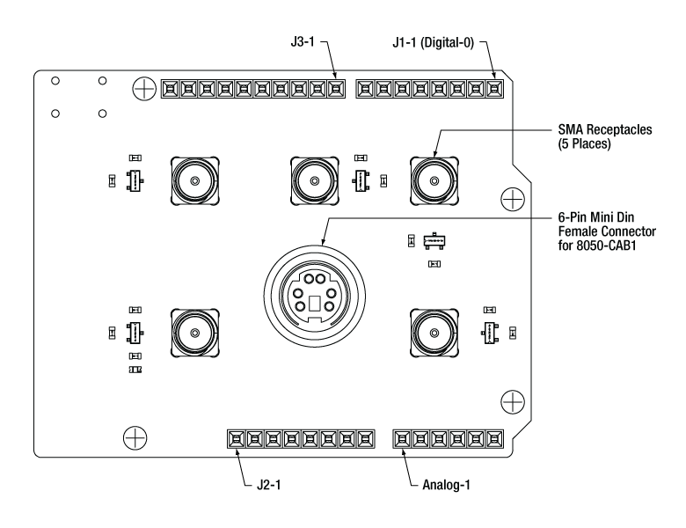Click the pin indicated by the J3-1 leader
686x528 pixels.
tap(335, 88)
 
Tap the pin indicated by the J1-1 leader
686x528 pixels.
tap(496, 88)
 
